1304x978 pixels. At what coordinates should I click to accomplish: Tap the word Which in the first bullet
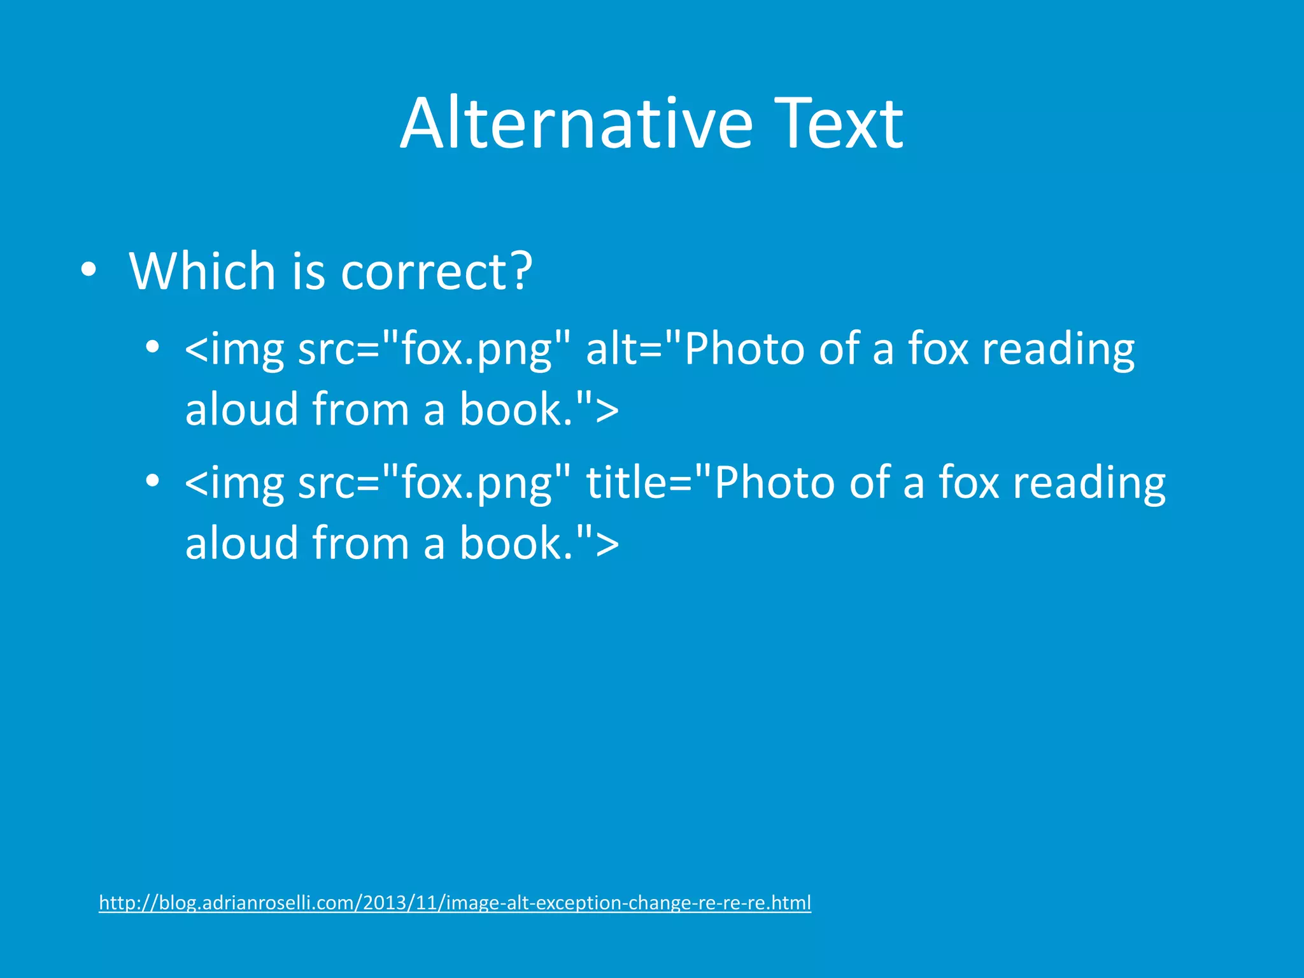[x=202, y=271]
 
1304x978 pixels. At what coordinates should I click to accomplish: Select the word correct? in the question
[x=436, y=271]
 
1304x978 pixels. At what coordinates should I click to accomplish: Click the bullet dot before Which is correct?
[x=89, y=270]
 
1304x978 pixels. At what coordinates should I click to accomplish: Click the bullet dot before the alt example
[x=152, y=348]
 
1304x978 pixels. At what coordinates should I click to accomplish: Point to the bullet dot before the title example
[x=152, y=481]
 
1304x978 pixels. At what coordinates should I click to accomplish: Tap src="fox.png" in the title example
[x=434, y=483]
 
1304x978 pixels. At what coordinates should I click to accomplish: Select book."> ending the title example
[x=539, y=542]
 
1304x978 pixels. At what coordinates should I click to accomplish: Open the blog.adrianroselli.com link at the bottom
[x=455, y=903]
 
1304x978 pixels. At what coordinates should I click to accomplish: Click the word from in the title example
[x=360, y=542]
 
